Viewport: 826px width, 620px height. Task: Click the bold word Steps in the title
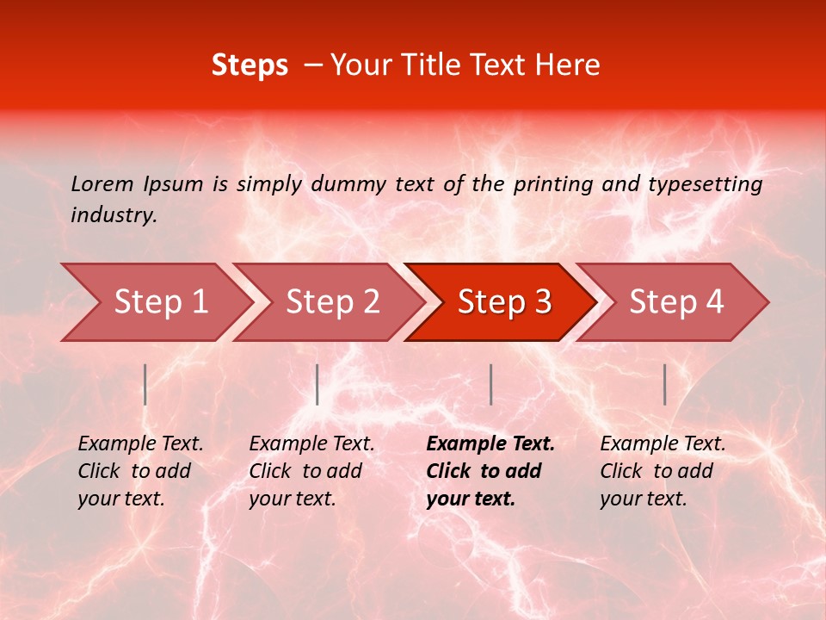pos(250,65)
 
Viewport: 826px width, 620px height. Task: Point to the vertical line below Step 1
pos(145,384)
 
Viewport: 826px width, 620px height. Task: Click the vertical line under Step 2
pos(317,384)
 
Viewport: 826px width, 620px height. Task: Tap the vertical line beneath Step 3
pos(490,384)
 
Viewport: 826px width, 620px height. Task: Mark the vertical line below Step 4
pos(664,384)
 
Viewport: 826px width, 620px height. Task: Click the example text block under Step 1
pos(140,471)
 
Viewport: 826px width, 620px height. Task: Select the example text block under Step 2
pos(311,471)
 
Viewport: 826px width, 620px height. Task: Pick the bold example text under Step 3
pos(490,471)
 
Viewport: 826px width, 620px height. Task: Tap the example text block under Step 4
pos(663,471)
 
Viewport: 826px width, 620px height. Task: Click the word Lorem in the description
pos(102,183)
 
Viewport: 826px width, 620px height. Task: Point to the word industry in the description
pos(114,215)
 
